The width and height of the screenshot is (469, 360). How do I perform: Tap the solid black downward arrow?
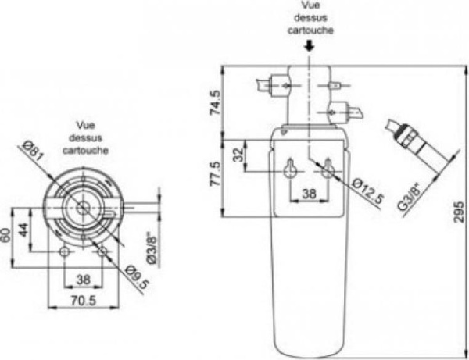point(310,45)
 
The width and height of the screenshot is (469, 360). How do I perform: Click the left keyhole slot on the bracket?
point(291,168)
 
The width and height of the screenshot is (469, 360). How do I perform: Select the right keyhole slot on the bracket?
point(328,168)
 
